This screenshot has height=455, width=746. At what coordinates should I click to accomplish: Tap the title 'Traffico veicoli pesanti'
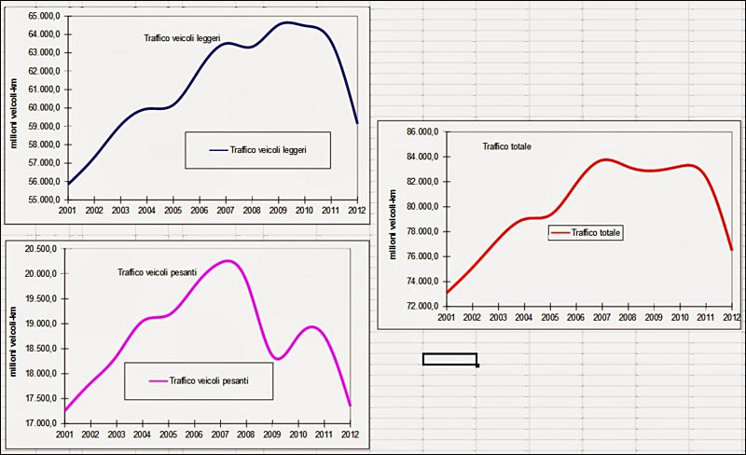click(x=163, y=272)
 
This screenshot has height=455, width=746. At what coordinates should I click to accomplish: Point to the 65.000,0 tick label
click(x=43, y=16)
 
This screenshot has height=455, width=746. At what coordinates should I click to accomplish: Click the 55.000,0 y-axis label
click(x=43, y=200)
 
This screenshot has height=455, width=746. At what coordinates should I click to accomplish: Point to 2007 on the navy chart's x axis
click(x=227, y=212)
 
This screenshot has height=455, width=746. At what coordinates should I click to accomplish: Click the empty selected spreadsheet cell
click(x=449, y=359)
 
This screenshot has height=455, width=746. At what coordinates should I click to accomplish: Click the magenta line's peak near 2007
click(x=228, y=261)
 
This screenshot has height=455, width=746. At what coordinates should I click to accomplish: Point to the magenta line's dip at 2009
click(x=278, y=358)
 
